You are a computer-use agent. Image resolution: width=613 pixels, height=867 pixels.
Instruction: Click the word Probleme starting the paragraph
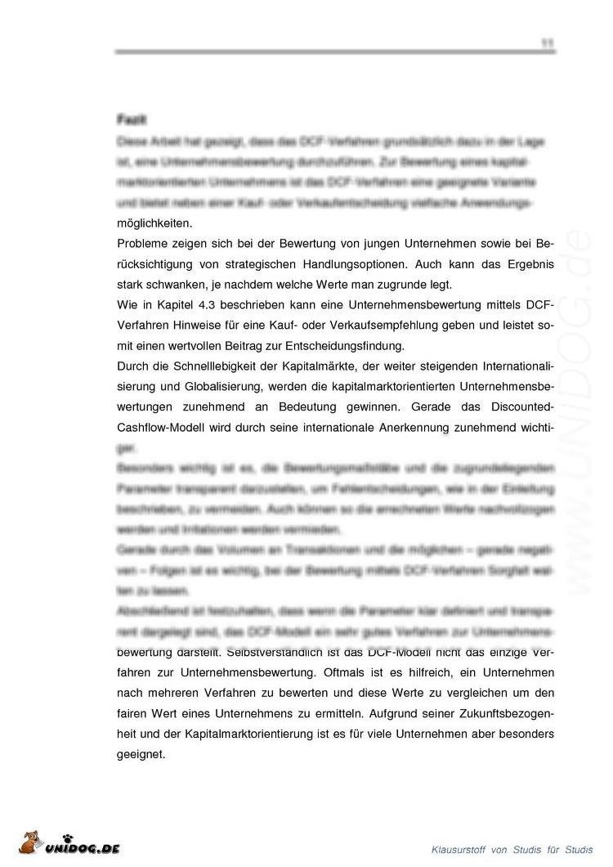[142, 244]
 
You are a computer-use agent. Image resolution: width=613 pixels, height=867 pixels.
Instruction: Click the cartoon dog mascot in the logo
[29, 842]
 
